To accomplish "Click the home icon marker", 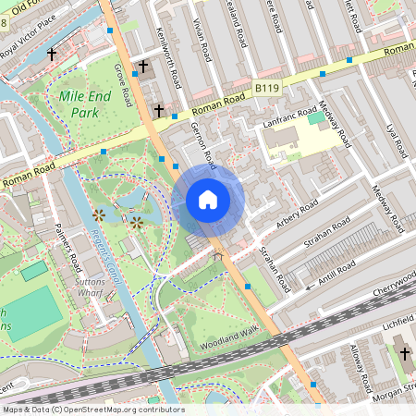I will [x=208, y=199].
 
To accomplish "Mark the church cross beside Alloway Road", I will [x=403, y=352].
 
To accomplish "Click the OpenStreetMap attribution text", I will [x=92, y=410].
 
